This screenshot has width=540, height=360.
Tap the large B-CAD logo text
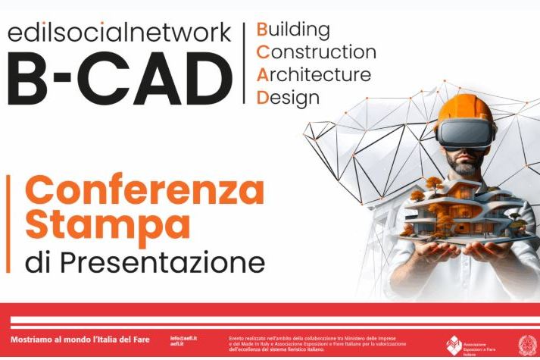pyautogui.click(x=118, y=79)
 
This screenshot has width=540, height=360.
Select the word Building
pyautogui.click(x=294, y=30)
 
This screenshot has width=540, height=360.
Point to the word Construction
pyautogui.click(x=317, y=53)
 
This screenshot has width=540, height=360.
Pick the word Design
pyautogui.click(x=288, y=98)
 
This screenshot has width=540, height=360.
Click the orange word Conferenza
pyautogui.click(x=145, y=191)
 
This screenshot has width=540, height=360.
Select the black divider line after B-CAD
pyautogui.click(x=244, y=64)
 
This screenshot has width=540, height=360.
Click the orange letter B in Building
pyautogui.click(x=262, y=30)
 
